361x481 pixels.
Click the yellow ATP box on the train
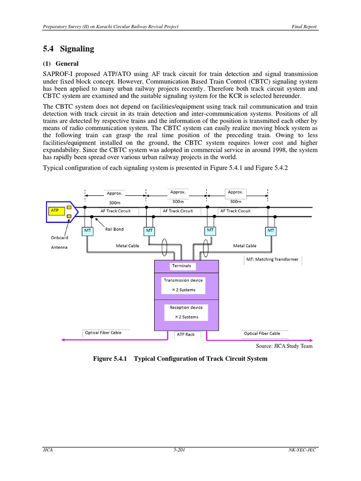click(x=55, y=211)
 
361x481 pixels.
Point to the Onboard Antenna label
click(x=59, y=242)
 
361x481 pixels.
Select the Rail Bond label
click(x=114, y=229)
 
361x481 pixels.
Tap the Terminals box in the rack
click(x=181, y=266)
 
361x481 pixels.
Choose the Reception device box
click(x=186, y=312)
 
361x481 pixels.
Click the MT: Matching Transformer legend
click(x=272, y=259)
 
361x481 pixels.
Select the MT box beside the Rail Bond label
click(x=88, y=231)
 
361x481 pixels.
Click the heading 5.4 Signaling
click(x=69, y=49)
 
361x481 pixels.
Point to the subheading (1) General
click(x=61, y=63)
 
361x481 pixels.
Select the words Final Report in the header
click(x=305, y=26)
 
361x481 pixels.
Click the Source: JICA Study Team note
click(x=284, y=346)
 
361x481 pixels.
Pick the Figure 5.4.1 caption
click(x=180, y=358)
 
